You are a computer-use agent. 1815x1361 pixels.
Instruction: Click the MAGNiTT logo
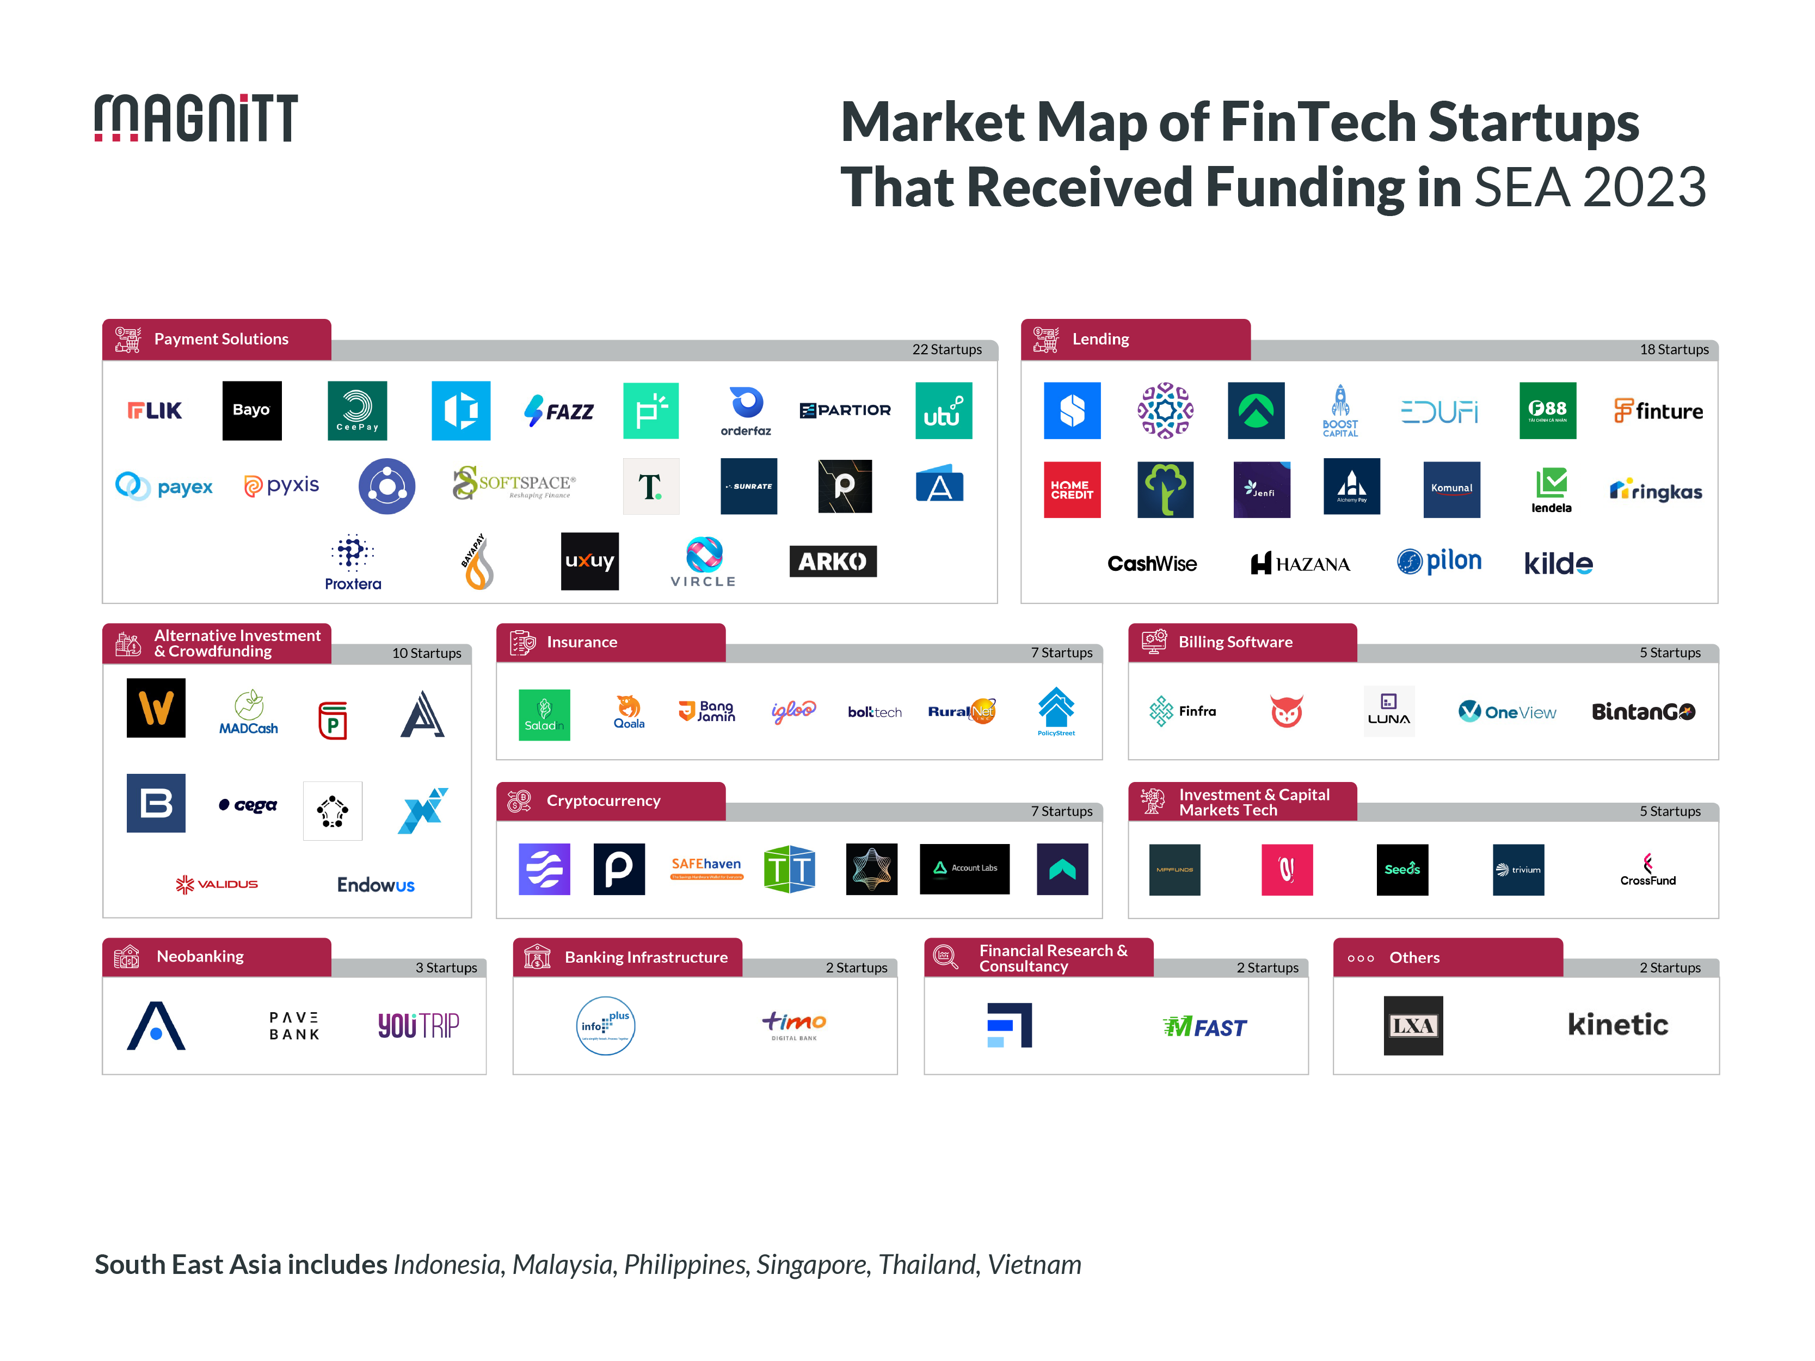[x=195, y=118]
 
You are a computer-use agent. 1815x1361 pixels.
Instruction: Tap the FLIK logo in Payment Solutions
[x=155, y=410]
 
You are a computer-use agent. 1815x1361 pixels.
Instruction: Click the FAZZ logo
[x=559, y=410]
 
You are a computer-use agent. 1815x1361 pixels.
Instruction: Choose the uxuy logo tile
[x=589, y=561]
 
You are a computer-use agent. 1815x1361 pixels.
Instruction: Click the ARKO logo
[x=832, y=561]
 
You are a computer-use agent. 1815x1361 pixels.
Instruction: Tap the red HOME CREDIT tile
[x=1071, y=490]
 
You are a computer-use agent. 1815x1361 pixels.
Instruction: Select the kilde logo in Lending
[x=1558, y=564]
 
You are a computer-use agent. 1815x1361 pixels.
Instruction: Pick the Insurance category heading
[x=582, y=642]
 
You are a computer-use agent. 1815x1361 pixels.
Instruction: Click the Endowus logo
[x=376, y=884]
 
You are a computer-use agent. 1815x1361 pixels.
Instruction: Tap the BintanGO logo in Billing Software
[x=1642, y=711]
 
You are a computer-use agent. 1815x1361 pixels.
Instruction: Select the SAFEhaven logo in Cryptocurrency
[x=706, y=867]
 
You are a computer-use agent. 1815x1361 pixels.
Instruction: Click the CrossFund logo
[x=1647, y=870]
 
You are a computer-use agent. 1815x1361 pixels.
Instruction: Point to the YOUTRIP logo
[x=419, y=1025]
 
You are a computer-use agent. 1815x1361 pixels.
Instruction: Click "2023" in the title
[x=1644, y=187]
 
